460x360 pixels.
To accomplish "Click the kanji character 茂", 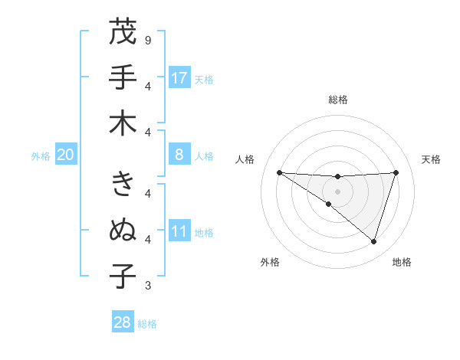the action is click(x=123, y=32).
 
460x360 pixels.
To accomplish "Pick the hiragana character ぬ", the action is click(x=123, y=229).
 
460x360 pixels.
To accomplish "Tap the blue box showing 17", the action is click(x=179, y=77).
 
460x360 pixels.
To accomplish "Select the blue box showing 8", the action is click(x=179, y=155).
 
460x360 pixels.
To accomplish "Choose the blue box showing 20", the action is click(x=66, y=155).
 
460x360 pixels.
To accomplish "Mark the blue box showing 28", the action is click(x=123, y=322).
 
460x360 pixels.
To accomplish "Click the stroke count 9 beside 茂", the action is click(x=148, y=39).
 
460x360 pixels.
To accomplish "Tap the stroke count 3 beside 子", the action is click(x=148, y=286).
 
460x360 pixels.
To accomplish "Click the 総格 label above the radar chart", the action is click(x=337, y=100).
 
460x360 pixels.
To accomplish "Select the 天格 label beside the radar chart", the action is click(x=432, y=159).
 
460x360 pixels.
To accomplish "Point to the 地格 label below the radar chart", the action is click(x=402, y=262).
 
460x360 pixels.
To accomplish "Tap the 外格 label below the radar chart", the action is click(x=270, y=262).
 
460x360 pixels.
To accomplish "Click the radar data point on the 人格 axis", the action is click(x=279, y=172).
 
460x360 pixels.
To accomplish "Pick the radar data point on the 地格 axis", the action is click(x=373, y=241).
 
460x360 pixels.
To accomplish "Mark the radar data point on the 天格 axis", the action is click(x=396, y=172).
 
